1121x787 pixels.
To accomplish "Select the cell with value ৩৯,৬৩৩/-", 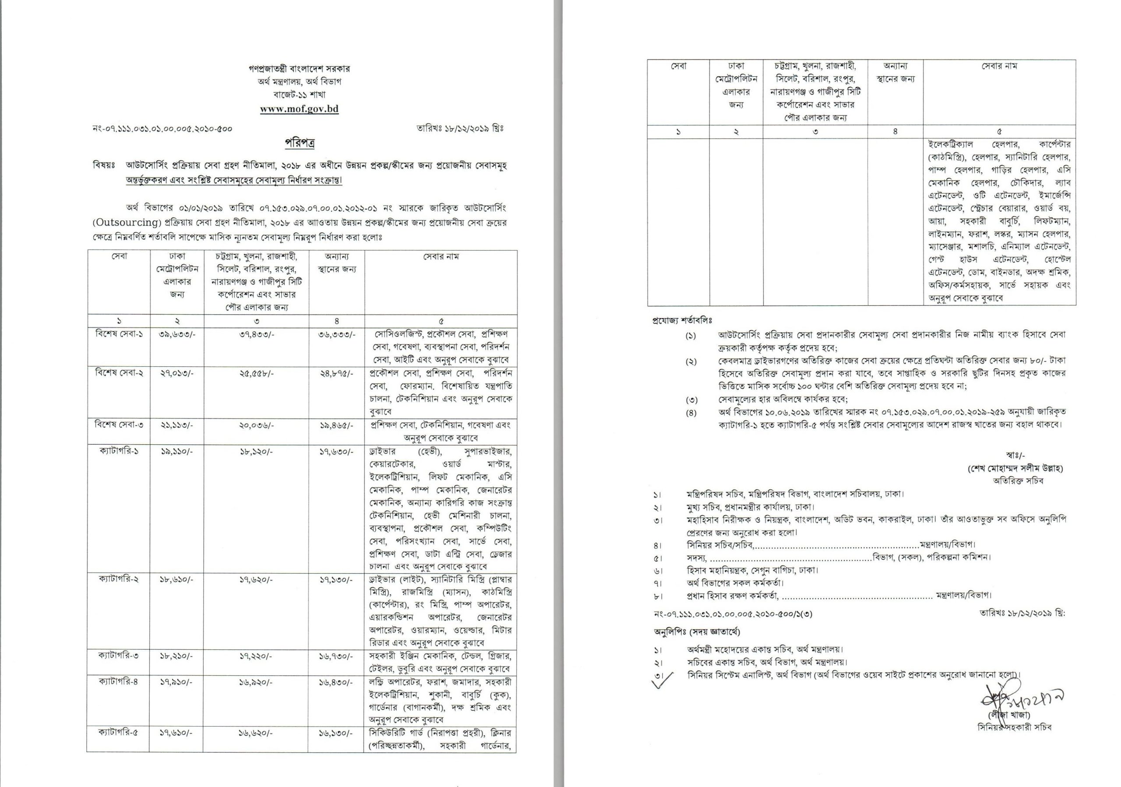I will [x=177, y=335].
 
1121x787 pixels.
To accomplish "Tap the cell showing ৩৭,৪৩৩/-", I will [x=256, y=335].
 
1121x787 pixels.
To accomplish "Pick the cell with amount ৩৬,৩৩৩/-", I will [x=336, y=335].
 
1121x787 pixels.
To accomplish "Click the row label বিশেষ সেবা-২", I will [x=119, y=373].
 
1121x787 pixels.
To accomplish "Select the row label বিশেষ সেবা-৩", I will [x=119, y=425].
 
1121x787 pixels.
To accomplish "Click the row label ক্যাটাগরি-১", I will [x=119, y=451].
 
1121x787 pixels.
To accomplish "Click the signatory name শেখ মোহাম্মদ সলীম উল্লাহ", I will [x=1015, y=468].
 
